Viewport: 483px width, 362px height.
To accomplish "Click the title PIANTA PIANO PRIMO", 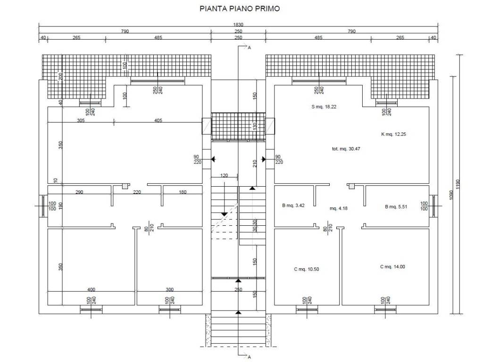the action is tap(240, 8).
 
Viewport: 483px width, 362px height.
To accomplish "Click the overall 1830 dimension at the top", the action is tap(238, 25).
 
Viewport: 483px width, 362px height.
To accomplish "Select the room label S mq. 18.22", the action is tap(324, 107).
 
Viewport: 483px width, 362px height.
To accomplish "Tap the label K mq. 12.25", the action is tap(393, 134).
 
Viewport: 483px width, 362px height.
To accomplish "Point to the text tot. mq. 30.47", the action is tap(346, 148).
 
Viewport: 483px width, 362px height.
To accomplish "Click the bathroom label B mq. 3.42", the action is tap(293, 206).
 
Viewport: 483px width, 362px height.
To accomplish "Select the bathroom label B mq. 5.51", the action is tap(396, 207).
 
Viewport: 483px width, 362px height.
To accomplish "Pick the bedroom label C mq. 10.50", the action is tap(307, 269).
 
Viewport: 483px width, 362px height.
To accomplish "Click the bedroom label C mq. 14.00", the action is tap(392, 267).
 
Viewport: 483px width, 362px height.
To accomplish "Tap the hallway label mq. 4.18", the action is tap(339, 208).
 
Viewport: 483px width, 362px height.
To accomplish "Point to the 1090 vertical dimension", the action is tap(451, 195).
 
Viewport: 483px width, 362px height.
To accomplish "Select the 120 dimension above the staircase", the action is tap(224, 175).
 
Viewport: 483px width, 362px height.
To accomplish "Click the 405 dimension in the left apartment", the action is tap(158, 120).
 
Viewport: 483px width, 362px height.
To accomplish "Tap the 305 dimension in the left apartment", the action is tap(81, 120).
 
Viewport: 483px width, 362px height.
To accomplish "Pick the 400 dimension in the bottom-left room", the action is tap(91, 289).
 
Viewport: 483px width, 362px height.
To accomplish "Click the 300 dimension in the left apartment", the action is tap(169, 289).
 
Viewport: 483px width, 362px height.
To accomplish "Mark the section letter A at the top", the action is tap(249, 48).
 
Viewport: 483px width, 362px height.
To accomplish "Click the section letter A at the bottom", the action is tap(249, 357).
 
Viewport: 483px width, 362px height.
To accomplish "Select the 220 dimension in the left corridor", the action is tap(137, 192).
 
